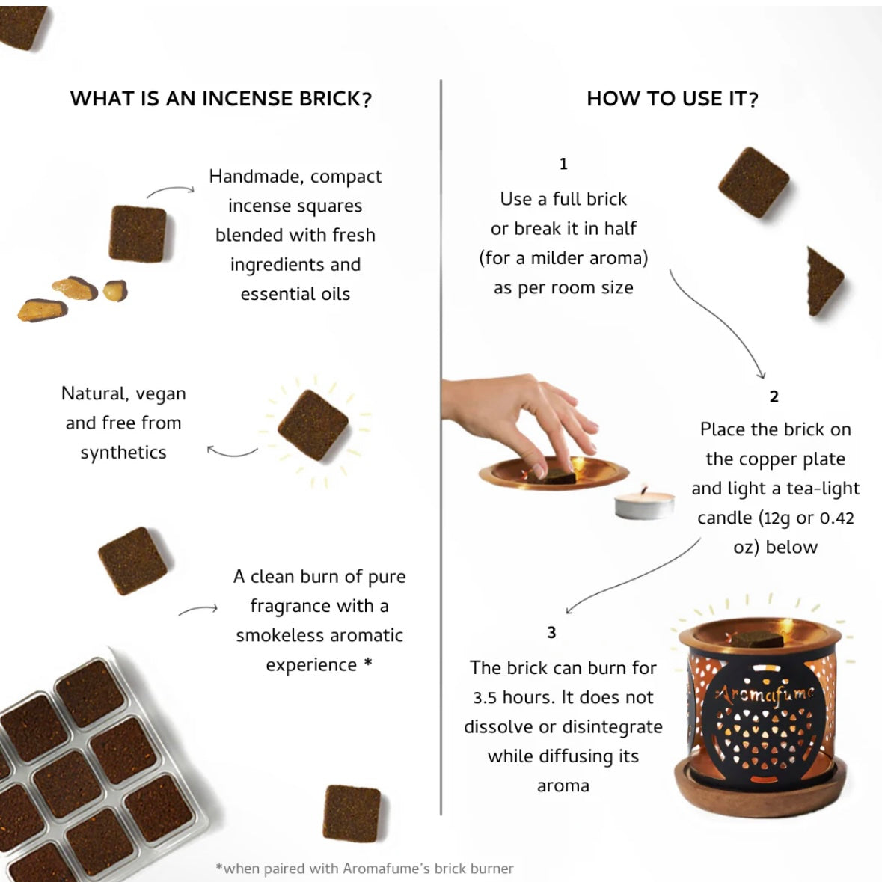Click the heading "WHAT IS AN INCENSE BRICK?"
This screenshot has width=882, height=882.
tap(221, 99)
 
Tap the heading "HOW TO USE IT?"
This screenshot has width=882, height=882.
tap(673, 99)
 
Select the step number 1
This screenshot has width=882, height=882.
tap(563, 164)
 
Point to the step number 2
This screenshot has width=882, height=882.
tap(774, 396)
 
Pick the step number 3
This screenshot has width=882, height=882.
tap(551, 633)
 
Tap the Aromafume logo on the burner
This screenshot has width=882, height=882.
tap(765, 693)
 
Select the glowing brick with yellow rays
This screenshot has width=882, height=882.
tap(313, 425)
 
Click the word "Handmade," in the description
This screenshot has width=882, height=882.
tap(257, 177)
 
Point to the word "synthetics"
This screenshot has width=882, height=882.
tap(123, 453)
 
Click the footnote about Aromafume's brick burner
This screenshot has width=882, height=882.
tap(364, 868)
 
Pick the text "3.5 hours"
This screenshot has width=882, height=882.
tap(514, 697)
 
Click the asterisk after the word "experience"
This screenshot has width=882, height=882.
tap(368, 662)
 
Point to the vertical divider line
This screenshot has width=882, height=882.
tap(441, 447)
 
